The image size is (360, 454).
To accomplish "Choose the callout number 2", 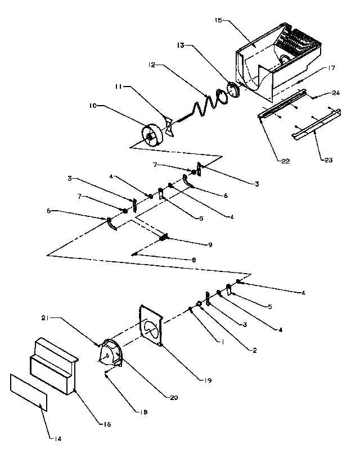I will tap(255, 351).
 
